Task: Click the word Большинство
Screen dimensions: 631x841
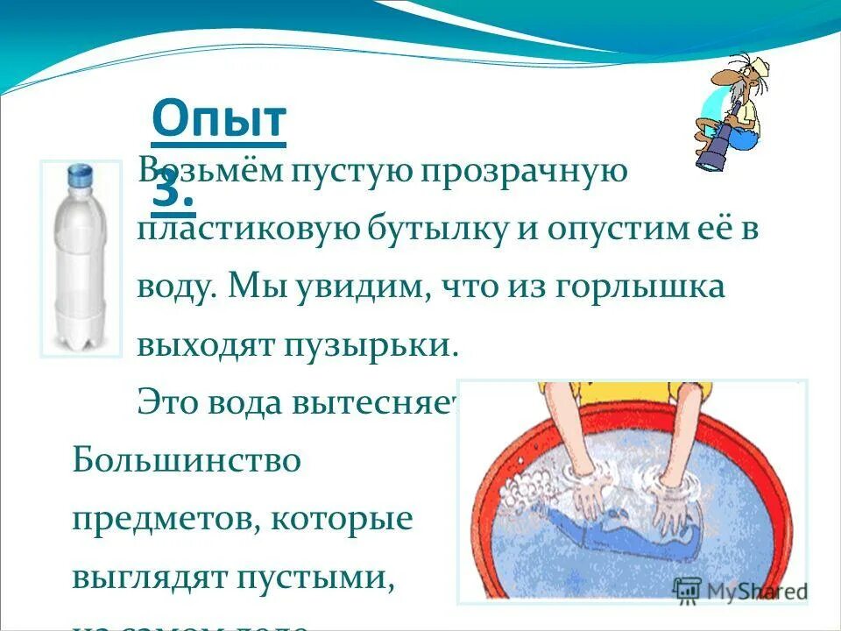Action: click(x=186, y=459)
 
